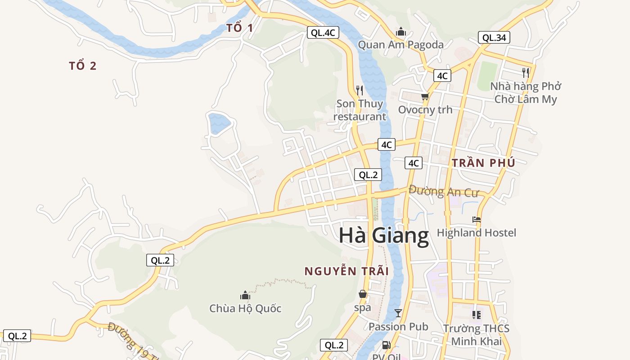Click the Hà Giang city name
tap(384, 236)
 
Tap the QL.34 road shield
tap(494, 38)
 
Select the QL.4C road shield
tap(323, 32)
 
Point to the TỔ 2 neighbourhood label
tap(83, 66)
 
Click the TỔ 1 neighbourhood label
tap(239, 28)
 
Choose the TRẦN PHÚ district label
tap(483, 163)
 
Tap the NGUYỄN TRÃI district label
tap(346, 271)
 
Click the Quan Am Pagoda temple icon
tap(400, 32)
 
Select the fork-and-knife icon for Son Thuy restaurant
tap(359, 90)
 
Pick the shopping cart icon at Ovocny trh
tap(425, 96)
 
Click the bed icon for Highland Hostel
tap(477, 220)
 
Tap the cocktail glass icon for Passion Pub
tap(398, 313)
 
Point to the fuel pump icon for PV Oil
tap(386, 346)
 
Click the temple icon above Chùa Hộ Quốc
tap(245, 295)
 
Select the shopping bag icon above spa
tap(363, 294)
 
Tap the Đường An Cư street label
tap(443, 191)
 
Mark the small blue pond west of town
tap(219, 123)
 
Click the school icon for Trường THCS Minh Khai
tap(476, 315)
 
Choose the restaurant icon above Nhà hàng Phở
tap(525, 72)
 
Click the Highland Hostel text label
tap(477, 233)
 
